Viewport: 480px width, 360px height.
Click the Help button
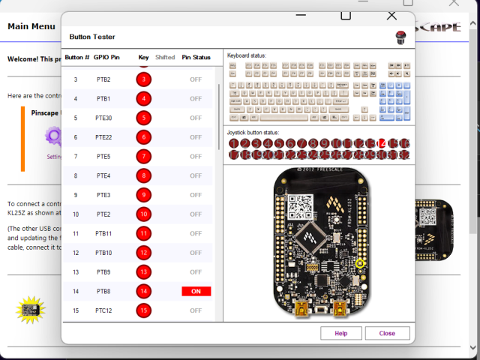coord(341,333)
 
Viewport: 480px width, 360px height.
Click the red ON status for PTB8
coord(196,291)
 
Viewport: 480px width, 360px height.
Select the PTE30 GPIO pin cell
coord(103,118)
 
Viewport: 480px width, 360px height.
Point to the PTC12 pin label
coord(103,310)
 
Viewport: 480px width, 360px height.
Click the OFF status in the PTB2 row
coord(196,79)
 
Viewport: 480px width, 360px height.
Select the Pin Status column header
coord(196,57)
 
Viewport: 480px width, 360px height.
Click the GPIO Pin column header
coord(106,57)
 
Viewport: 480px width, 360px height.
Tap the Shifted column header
coord(165,57)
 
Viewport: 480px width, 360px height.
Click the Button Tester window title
coord(92,36)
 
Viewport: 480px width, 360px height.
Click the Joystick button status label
coord(253,133)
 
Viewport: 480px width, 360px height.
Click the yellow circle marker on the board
coord(360,263)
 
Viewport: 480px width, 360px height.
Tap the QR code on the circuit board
coord(301,205)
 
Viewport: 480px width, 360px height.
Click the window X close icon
coord(391,15)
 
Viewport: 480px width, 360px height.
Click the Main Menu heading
coord(31,26)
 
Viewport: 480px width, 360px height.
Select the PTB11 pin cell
coord(103,233)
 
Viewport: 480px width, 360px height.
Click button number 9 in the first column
coord(75,195)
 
